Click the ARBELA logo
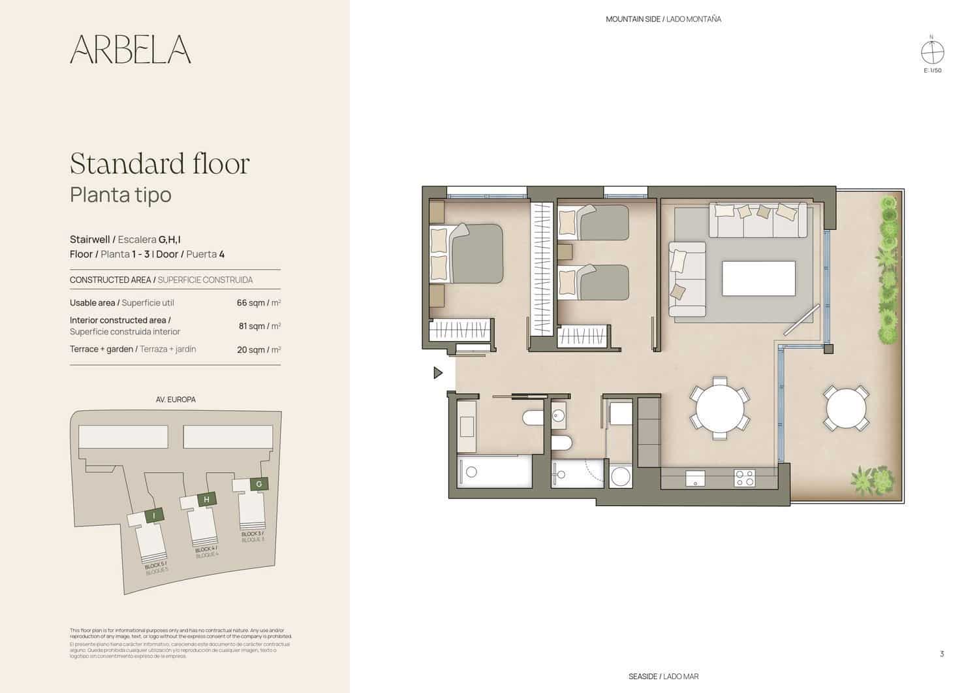click(131, 49)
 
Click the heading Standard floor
click(159, 164)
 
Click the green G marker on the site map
click(259, 484)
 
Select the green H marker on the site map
click(206, 500)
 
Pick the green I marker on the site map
click(153, 515)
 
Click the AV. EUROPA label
click(176, 399)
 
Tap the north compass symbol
click(932, 52)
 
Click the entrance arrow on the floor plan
click(438, 373)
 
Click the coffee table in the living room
click(758, 278)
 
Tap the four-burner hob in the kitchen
click(745, 478)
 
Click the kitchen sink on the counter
click(694, 478)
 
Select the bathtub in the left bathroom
click(495, 472)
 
